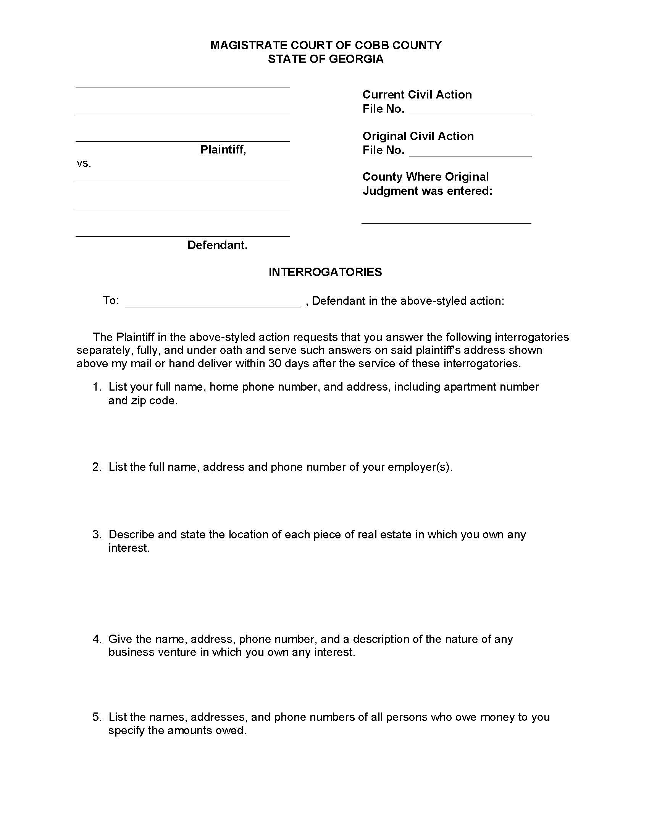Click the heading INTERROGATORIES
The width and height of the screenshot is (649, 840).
[325, 272]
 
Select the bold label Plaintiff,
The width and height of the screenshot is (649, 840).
[223, 150]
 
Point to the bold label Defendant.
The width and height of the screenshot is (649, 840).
[217, 245]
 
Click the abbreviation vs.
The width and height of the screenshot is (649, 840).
[84, 164]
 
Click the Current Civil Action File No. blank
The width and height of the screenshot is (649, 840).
[470, 110]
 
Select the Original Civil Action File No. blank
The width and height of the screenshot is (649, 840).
[470, 152]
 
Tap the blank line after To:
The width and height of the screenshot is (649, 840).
[213, 302]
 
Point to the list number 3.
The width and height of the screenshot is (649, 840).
[97, 534]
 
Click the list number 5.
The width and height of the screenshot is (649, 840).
[97, 717]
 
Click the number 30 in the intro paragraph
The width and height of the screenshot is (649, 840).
[275, 363]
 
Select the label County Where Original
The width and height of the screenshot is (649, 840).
[425, 177]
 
